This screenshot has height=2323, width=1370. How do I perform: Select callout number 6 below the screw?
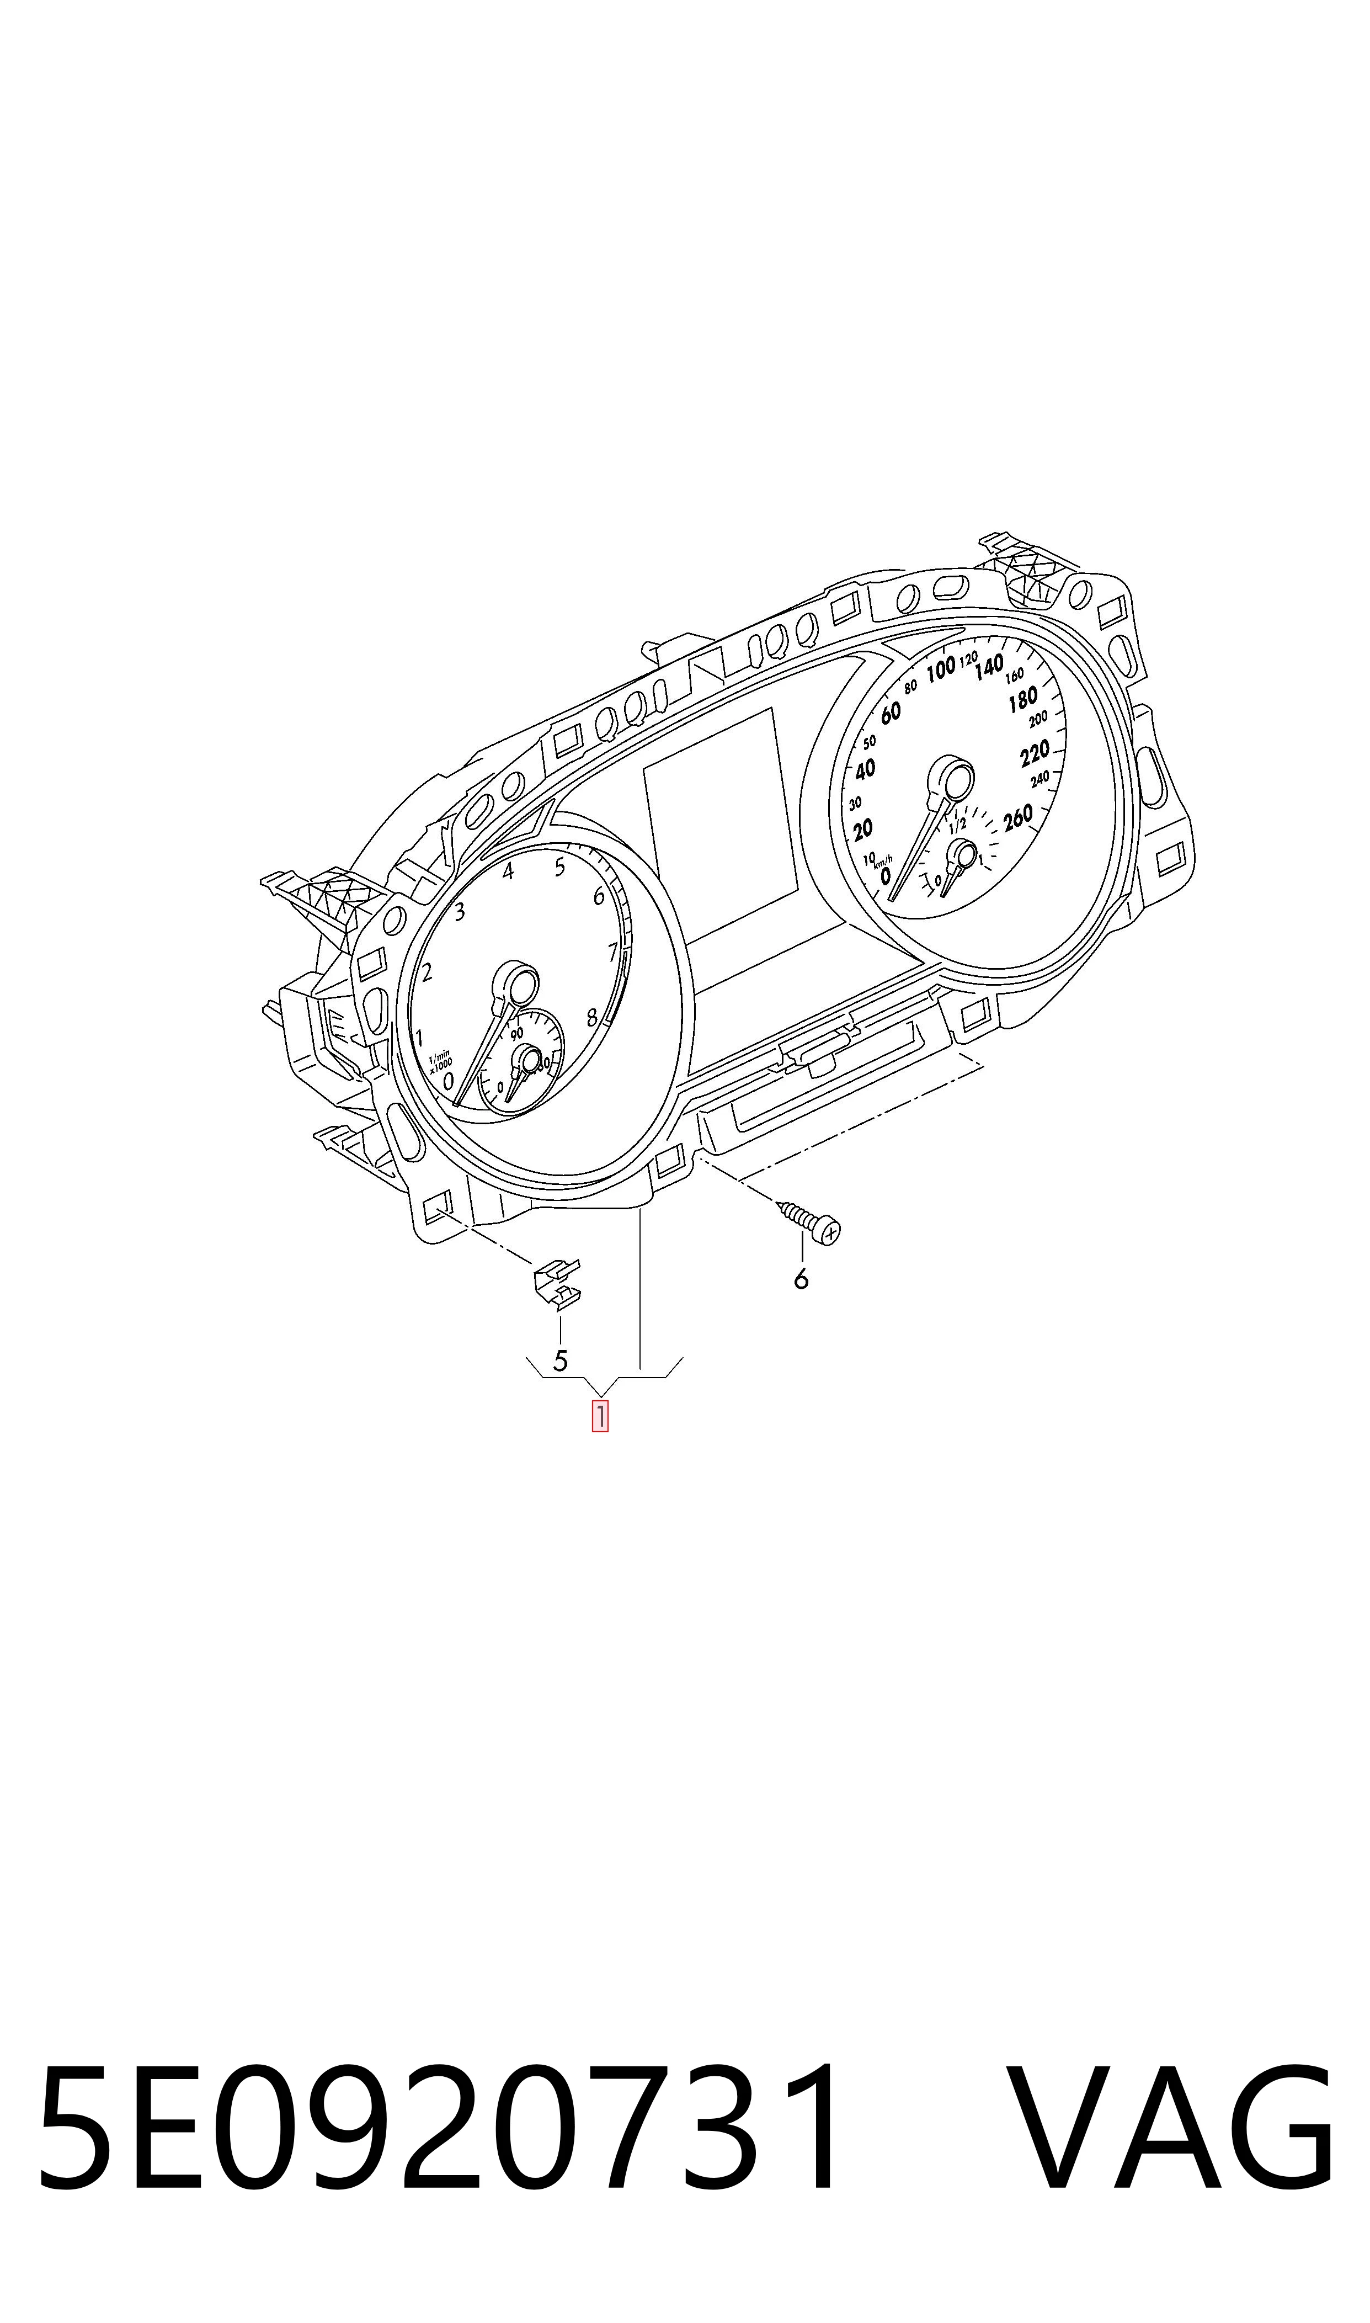801,1279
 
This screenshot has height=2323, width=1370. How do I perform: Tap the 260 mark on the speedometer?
1017,818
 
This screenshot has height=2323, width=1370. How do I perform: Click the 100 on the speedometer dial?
941,669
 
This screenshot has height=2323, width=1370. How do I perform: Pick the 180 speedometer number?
1023,701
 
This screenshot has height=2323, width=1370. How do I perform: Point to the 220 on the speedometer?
1035,754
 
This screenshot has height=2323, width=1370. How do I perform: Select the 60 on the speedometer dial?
890,712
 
